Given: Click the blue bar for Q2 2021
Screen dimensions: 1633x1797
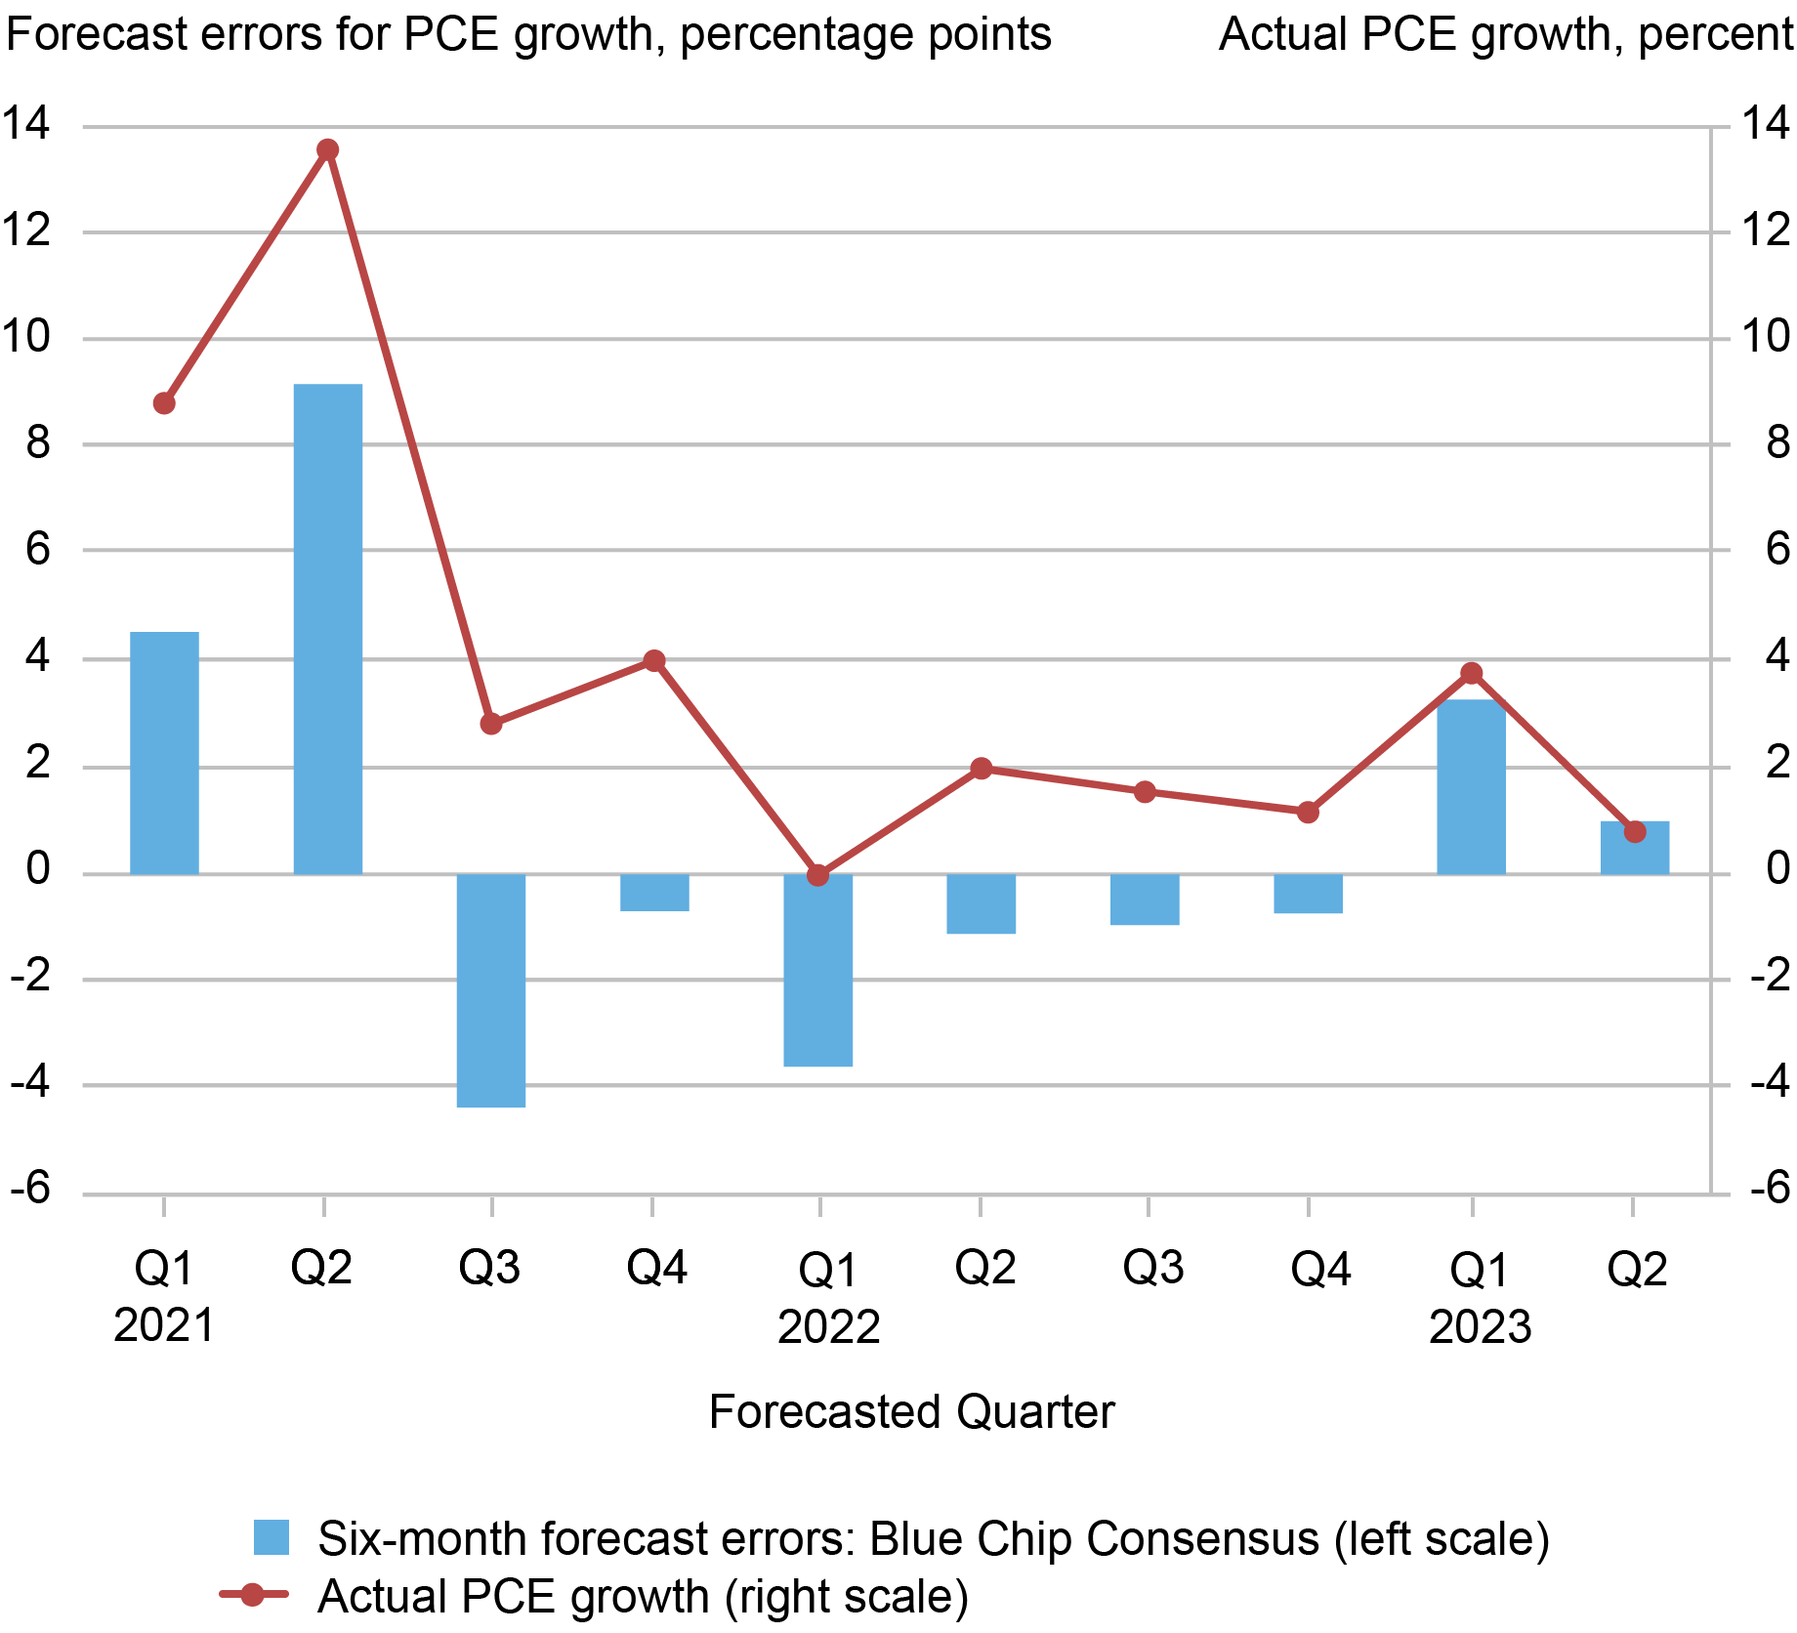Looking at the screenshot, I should click(328, 629).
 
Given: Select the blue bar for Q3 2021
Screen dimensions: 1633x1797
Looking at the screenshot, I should click(491, 990).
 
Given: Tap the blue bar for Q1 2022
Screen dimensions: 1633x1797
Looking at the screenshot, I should click(818, 970).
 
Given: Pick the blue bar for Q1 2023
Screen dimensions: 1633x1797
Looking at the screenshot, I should click(1471, 786).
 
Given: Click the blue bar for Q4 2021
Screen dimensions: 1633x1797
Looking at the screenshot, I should click(654, 893).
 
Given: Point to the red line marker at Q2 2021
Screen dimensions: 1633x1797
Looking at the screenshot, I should click(328, 149).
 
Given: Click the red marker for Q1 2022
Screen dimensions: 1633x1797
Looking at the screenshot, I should click(818, 875).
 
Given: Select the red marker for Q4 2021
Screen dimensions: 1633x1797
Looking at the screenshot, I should click(654, 661).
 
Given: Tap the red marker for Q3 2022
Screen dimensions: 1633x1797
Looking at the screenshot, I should click(1145, 792).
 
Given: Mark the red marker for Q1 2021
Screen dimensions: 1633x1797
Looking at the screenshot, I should click(164, 403).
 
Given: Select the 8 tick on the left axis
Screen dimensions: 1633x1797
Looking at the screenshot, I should click(37, 443).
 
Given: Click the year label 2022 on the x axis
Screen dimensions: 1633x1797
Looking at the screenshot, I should click(828, 1327).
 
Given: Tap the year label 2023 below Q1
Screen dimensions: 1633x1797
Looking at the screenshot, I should click(1480, 1327).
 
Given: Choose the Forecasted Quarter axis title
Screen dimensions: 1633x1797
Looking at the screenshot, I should click(910, 1412).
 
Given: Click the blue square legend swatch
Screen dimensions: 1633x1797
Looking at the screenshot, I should click(272, 1537).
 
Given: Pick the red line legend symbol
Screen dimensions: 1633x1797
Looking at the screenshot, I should click(253, 1596).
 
